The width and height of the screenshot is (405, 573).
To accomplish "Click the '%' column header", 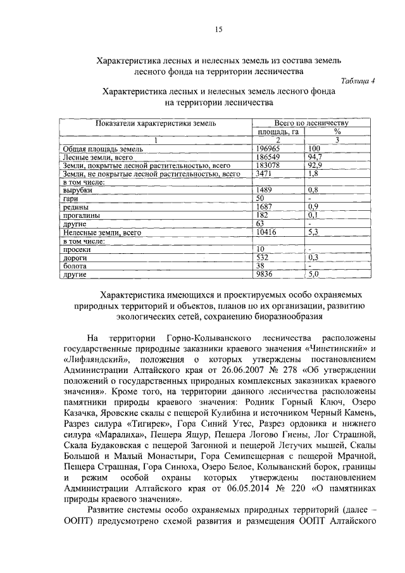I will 337,132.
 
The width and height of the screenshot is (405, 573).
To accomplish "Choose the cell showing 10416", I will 266,232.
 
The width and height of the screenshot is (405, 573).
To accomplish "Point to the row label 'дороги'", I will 75,258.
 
